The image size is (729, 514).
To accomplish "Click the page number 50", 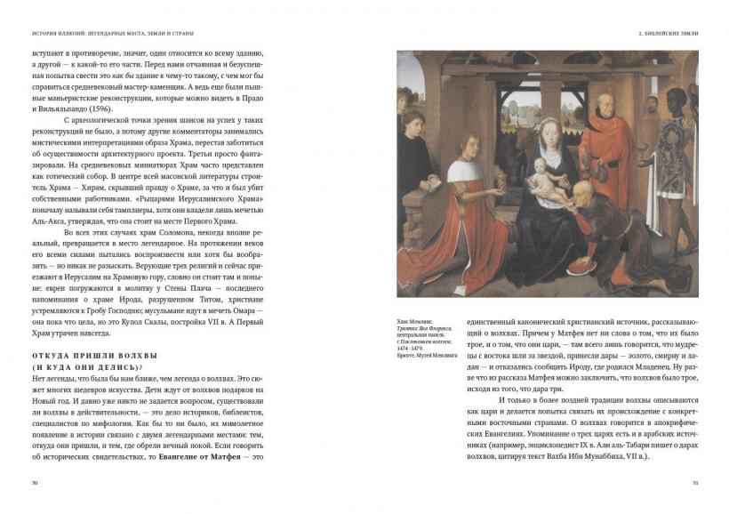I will pos(33,482).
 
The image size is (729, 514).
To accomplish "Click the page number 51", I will pos(694,482).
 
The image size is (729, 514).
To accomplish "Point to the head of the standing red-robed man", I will pos(605,105).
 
